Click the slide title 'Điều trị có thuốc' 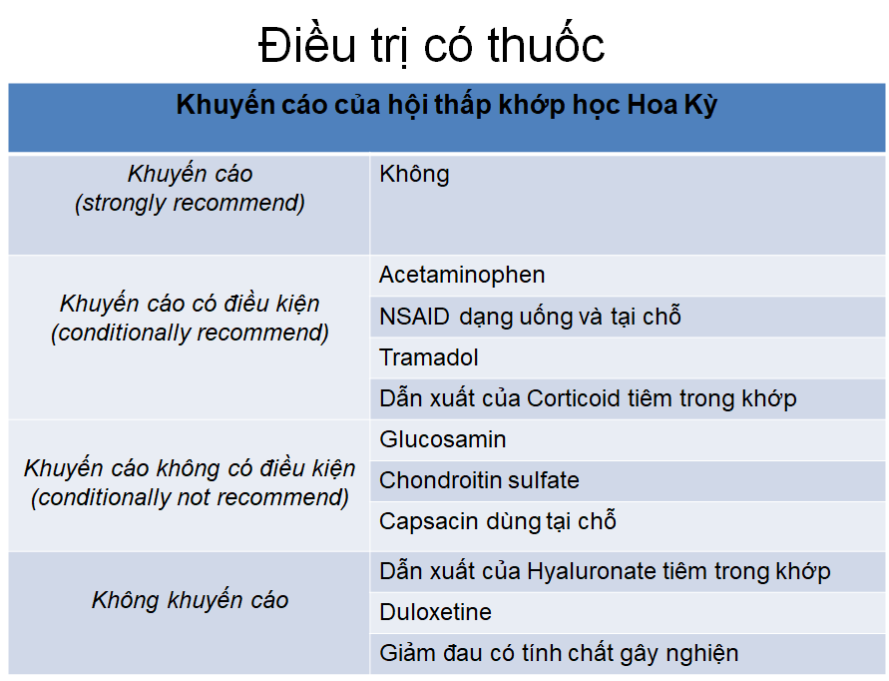point(431,44)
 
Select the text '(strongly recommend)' point(190,203)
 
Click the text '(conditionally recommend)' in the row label point(190,334)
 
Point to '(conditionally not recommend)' point(190,497)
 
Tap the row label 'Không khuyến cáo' point(190,600)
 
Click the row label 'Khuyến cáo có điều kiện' point(190,304)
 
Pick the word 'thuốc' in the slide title point(546,44)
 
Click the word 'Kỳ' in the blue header point(703,105)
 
